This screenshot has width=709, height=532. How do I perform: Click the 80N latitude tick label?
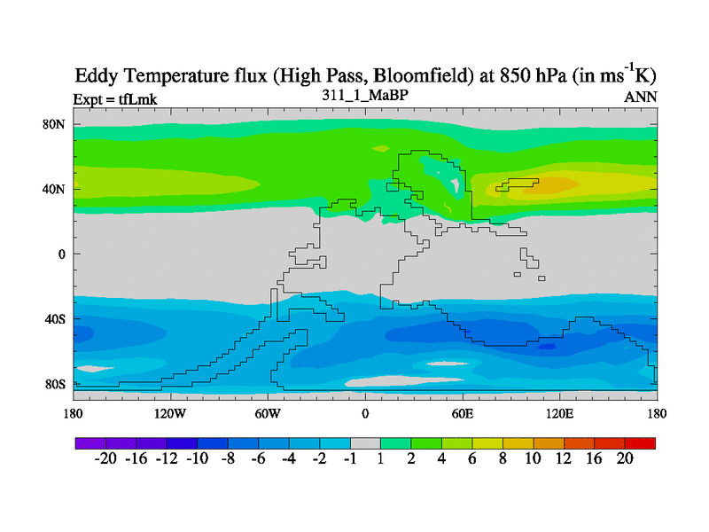(x=56, y=124)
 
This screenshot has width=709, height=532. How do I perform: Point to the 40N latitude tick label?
(x=56, y=189)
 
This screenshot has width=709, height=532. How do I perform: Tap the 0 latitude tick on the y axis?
(x=62, y=254)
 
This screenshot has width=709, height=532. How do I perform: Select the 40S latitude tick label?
(x=56, y=318)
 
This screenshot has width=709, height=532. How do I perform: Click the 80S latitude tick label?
(x=56, y=384)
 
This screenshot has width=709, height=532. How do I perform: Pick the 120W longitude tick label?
(x=169, y=413)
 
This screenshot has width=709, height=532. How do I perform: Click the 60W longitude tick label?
(x=268, y=413)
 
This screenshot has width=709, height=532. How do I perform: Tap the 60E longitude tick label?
(x=463, y=413)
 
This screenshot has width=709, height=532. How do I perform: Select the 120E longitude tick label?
(x=560, y=413)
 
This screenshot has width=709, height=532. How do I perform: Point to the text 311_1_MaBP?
(x=364, y=94)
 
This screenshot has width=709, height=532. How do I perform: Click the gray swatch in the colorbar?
(x=365, y=442)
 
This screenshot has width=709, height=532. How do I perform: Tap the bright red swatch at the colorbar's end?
(x=641, y=442)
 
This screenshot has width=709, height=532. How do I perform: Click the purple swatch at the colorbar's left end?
(x=90, y=442)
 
